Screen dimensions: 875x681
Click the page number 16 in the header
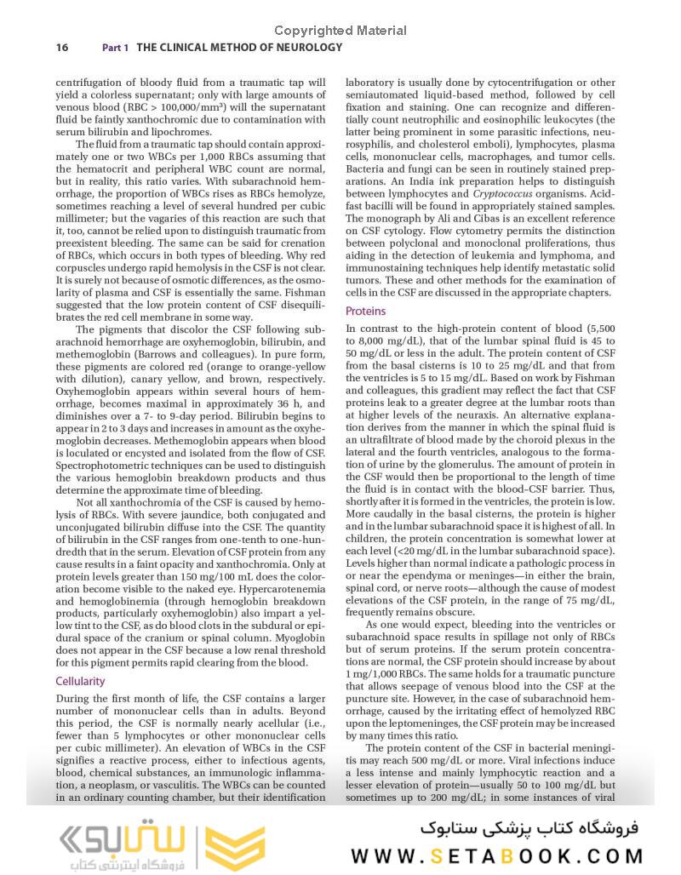[62, 48]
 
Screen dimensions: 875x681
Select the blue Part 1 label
[115, 49]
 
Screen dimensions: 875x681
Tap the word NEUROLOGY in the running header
[304, 48]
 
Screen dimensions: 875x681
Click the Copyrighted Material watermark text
[340, 31]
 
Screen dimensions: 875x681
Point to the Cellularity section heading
[80, 681]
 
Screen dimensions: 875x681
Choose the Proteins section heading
[365, 312]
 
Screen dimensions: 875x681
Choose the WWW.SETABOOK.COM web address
[497, 855]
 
